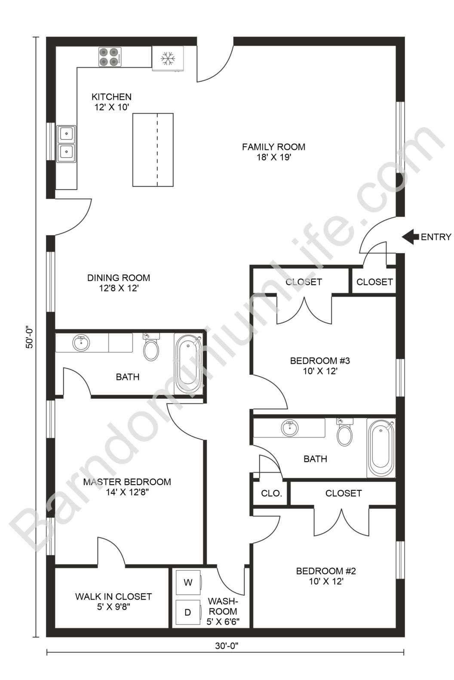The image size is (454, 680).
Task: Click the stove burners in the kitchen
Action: pyautogui.click(x=108, y=57)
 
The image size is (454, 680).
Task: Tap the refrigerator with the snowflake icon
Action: pyautogui.click(x=168, y=58)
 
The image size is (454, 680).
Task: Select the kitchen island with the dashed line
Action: pyautogui.click(x=153, y=150)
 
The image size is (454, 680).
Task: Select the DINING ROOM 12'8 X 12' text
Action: pyautogui.click(x=118, y=283)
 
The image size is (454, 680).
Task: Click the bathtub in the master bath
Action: pyautogui.click(x=188, y=363)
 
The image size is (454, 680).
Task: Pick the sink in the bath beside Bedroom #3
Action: pyautogui.click(x=290, y=428)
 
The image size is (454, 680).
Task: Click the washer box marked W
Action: pyautogui.click(x=188, y=583)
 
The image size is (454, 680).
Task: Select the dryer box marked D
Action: pyautogui.click(x=188, y=612)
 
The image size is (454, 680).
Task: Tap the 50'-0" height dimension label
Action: pyautogui.click(x=30, y=337)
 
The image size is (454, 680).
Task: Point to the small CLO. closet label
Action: pyautogui.click(x=271, y=493)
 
